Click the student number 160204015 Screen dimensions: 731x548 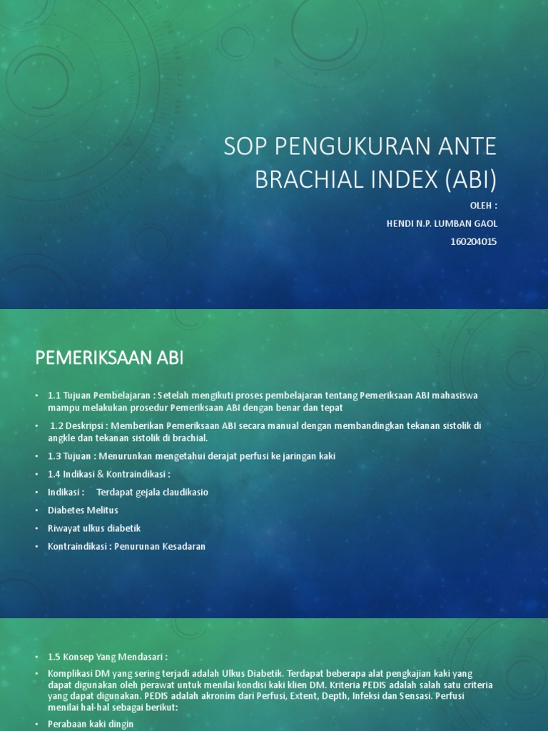click(x=474, y=241)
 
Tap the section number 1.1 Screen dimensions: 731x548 click(x=54, y=395)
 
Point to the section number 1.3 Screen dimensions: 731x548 click(x=54, y=455)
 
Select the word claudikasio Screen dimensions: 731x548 click(x=183, y=492)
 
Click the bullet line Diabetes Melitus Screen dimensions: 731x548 click(x=83, y=510)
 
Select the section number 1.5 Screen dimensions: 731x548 click(x=54, y=656)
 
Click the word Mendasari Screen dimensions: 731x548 click(x=141, y=656)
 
